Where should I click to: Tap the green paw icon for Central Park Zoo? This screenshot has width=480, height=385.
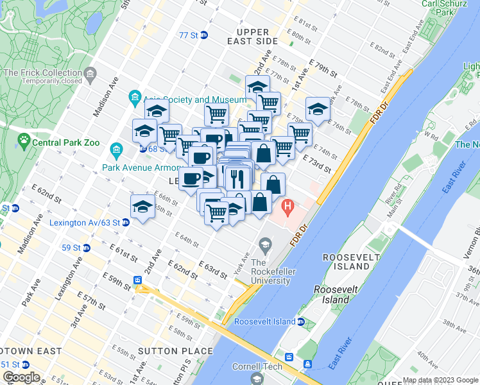coord(24,139)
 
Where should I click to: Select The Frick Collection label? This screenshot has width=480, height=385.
coord(42,73)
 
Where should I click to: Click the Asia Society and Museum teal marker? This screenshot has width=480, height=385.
coord(135,99)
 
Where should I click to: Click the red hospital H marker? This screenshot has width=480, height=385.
coord(287,207)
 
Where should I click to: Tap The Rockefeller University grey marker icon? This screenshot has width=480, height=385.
coord(264,244)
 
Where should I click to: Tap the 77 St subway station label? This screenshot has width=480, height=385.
coord(189,35)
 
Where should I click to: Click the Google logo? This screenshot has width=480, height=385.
coord(21,377)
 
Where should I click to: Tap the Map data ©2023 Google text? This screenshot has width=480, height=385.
coord(440,380)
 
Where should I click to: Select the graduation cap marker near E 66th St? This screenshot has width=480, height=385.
coord(142,207)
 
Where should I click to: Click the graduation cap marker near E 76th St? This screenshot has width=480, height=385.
coord(317,110)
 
